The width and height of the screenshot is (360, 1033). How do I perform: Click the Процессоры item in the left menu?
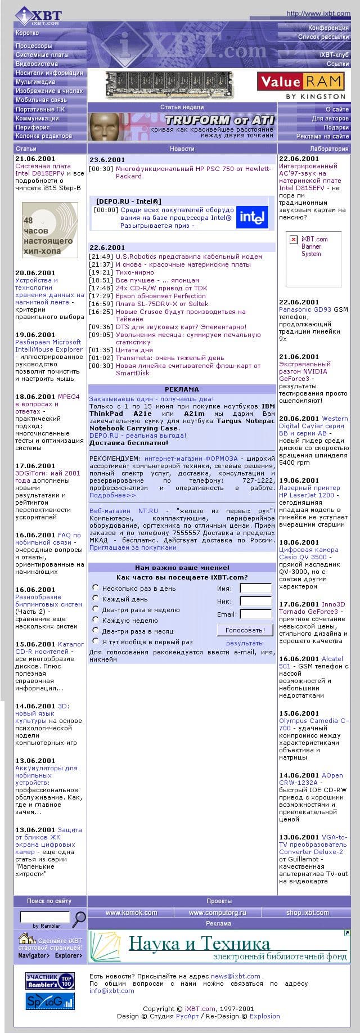34,46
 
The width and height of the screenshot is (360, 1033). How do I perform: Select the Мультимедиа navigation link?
35,82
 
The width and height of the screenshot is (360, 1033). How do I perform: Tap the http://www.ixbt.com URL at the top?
318,14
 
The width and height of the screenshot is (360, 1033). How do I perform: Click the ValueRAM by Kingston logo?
300,85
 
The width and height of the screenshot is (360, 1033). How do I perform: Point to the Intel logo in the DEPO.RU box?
252,217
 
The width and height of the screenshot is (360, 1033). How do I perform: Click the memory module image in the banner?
169,85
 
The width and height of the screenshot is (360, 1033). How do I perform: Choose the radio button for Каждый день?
96,599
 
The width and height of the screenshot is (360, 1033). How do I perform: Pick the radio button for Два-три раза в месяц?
96,630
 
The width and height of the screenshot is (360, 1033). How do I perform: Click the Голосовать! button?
245,630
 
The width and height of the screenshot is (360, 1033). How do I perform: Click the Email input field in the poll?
255,614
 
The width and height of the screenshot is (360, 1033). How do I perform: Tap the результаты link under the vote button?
245,643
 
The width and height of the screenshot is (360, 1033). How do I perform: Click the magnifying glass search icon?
80,919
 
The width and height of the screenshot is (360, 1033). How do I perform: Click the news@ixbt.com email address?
236,976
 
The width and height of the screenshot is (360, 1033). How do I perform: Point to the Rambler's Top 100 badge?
50,981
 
